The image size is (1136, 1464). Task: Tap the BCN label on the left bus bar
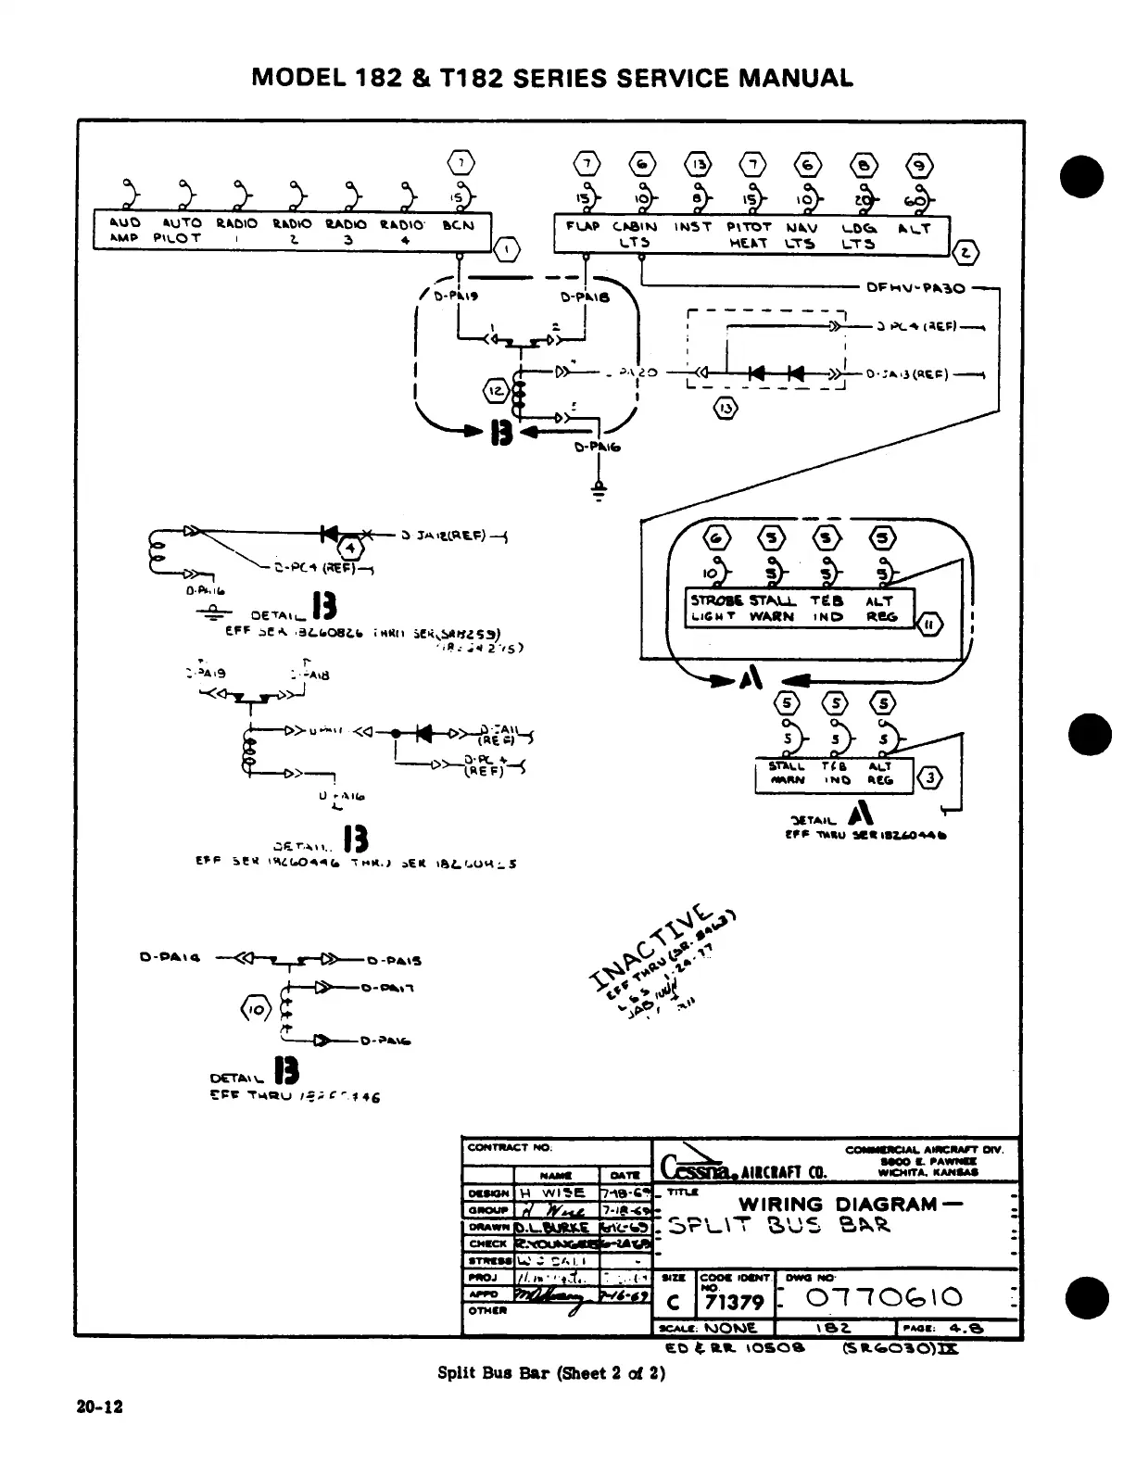458,225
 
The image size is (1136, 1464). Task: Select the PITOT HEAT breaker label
748,234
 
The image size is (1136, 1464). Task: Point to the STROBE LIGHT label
713,608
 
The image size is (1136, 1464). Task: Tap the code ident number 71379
734,1302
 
